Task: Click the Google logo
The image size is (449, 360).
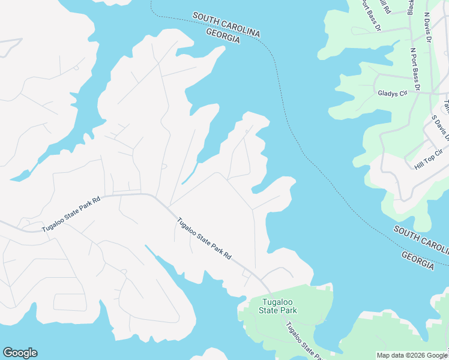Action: tap(20, 353)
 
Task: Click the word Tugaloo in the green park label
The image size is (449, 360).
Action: tap(277, 302)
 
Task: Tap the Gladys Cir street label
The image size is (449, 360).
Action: tap(393, 93)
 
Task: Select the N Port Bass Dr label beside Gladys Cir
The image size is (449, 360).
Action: tap(415, 66)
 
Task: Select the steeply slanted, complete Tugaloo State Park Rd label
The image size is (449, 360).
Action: tap(204, 238)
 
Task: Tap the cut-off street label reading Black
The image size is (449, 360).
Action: tap(411, 7)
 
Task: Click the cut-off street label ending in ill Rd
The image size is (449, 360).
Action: tap(385, 7)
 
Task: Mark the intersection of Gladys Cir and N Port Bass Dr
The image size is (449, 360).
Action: tap(418, 93)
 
